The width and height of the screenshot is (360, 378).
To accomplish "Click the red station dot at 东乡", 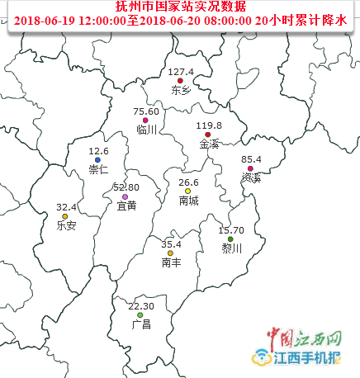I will pyautogui.click(x=179, y=80).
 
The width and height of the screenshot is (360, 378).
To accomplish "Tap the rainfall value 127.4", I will pyautogui.click(x=180, y=71).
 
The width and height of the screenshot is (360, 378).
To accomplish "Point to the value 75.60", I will pyautogui.click(x=145, y=111).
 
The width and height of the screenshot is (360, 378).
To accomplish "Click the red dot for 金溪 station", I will pyautogui.click(x=208, y=135).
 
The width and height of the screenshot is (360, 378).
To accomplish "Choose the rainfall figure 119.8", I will pyautogui.click(x=209, y=125).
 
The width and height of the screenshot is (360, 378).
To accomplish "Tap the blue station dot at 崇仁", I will pyautogui.click(x=97, y=160).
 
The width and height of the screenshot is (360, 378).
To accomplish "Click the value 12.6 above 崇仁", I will pyautogui.click(x=98, y=151).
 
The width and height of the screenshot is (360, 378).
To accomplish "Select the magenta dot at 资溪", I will pyautogui.click(x=250, y=168).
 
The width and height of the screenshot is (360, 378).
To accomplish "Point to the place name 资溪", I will pyautogui.click(x=251, y=177).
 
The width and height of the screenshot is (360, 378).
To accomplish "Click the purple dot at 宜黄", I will pyautogui.click(x=125, y=197).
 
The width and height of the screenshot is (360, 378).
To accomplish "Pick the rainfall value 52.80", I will pyautogui.click(x=126, y=188).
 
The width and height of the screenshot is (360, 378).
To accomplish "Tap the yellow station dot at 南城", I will pyautogui.click(x=187, y=191).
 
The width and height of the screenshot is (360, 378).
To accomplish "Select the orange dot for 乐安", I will pyautogui.click(x=65, y=216).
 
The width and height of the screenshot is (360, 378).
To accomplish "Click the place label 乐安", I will pyautogui.click(x=66, y=225).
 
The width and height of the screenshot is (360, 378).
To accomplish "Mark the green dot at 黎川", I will pyautogui.click(x=230, y=239).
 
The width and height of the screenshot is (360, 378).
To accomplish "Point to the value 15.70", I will pyautogui.click(x=231, y=230).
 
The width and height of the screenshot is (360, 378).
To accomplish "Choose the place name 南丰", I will pyautogui.click(x=172, y=262).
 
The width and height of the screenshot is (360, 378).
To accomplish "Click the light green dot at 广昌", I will pyautogui.click(x=140, y=315).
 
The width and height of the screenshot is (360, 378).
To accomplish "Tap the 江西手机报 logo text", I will pyautogui.click(x=309, y=358).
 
